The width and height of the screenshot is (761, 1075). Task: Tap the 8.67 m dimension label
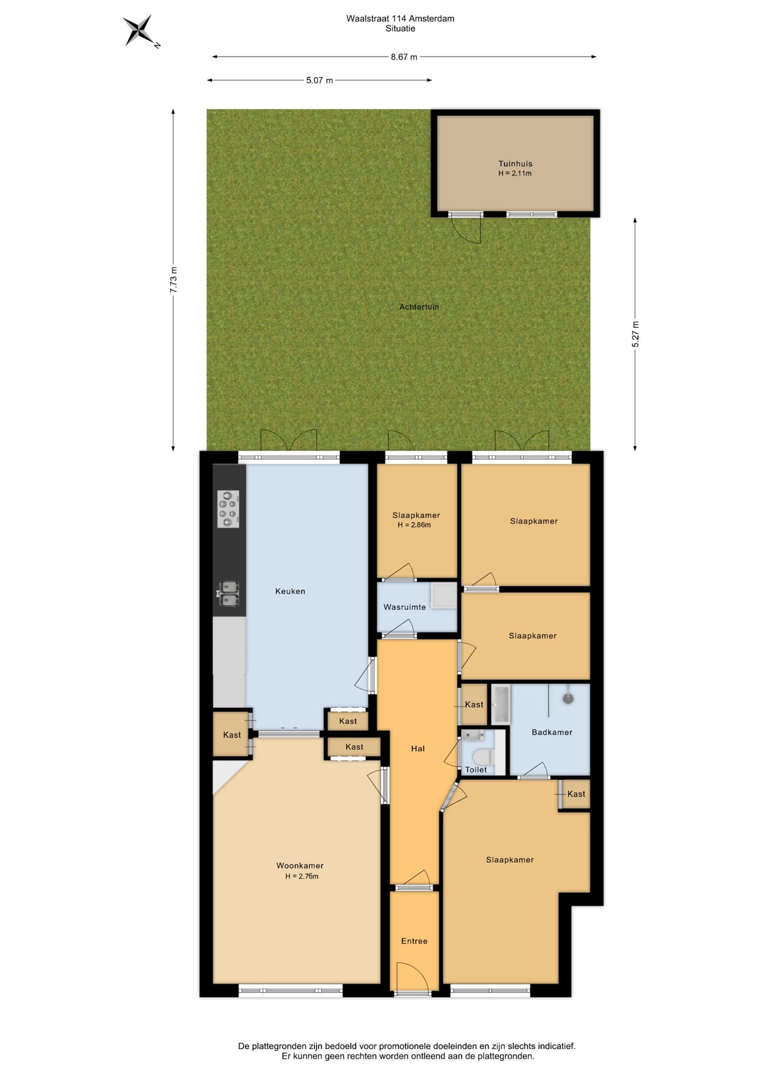404,57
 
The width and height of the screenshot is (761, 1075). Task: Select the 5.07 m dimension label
319,80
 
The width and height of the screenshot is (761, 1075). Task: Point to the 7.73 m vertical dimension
174,279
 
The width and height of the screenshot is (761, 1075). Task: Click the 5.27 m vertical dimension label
635,334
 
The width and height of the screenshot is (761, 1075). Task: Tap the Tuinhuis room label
516,163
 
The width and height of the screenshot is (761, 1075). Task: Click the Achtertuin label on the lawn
419,307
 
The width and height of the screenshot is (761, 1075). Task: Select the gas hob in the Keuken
228,509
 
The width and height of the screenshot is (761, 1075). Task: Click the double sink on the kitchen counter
229,593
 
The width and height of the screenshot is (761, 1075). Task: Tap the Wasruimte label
405,607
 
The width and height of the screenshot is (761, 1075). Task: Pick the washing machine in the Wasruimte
443,595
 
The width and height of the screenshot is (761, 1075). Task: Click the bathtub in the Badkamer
500,704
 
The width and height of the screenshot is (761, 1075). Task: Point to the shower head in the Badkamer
568,698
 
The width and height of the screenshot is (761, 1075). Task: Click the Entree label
414,941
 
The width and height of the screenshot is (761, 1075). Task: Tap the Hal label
418,749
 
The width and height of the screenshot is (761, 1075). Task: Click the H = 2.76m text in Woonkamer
301,876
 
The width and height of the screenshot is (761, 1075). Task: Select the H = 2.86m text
414,525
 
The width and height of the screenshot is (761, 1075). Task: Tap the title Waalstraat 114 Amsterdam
400,18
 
